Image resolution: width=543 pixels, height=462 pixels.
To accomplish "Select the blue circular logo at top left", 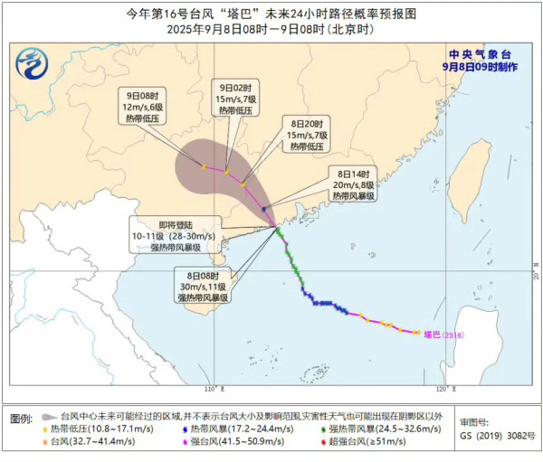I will [x=34, y=62].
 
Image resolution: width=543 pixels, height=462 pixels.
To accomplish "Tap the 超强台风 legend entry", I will [x=369, y=442].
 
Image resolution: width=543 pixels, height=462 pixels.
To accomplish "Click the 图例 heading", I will [x=22, y=419].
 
